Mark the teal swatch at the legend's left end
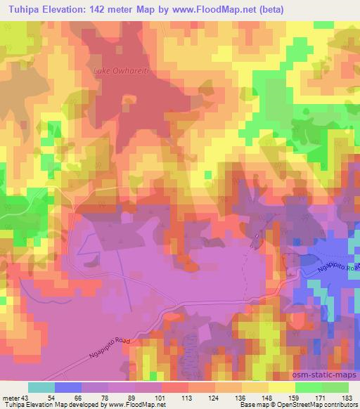[41, 387]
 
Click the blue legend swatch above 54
[68, 387]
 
